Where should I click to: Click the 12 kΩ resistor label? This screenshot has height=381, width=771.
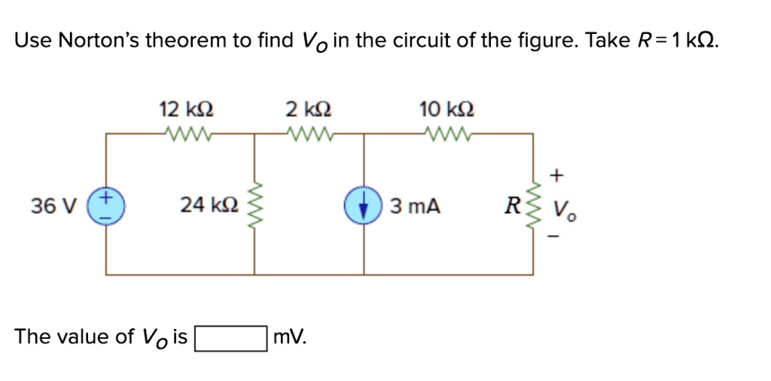[x=186, y=110]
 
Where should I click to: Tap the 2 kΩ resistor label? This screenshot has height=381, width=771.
[x=309, y=110]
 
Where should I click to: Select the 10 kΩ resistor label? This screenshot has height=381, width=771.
[x=446, y=110]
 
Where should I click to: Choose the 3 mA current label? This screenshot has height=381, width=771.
[x=414, y=205]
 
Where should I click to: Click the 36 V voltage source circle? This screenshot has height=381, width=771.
[x=105, y=204]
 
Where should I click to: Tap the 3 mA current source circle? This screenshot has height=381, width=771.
[x=365, y=205]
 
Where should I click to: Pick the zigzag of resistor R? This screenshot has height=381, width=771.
[x=535, y=205]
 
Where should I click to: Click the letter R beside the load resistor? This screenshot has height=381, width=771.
[x=514, y=205]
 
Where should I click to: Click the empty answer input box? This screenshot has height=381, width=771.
[x=230, y=337]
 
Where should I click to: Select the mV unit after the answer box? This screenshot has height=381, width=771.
[x=289, y=337]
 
